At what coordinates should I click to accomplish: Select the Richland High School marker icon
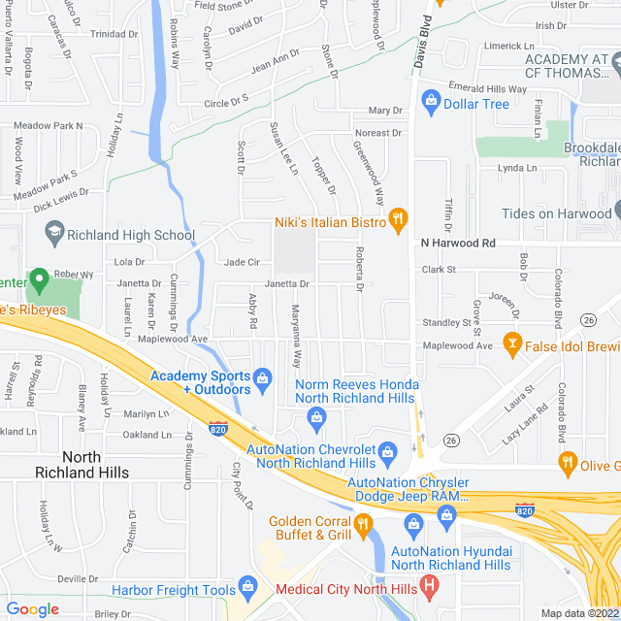pos(54,233)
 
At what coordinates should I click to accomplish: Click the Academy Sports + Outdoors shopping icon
pos(261,377)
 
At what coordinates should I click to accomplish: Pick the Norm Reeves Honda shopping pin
pos(315,417)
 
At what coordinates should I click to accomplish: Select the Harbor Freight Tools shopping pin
pos(247,588)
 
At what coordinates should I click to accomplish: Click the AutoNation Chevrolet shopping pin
pos(387,451)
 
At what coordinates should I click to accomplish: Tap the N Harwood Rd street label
pos(458,243)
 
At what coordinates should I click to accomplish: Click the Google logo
pos(32,609)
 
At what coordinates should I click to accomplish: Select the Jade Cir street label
pos(242,262)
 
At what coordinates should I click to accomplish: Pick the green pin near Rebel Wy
pos(40,282)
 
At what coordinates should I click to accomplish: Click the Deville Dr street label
pos(79,578)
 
